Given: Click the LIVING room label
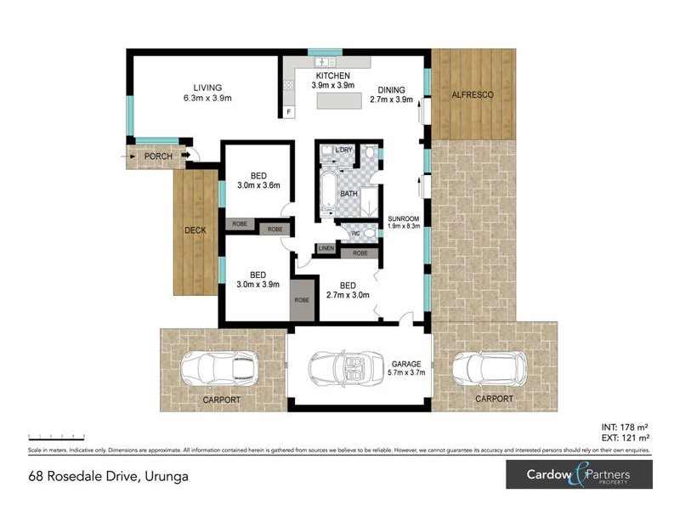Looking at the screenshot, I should tap(207, 88).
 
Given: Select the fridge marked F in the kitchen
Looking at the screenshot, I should tap(289, 112).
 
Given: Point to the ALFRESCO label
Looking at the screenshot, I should tap(473, 94).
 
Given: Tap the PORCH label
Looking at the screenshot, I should tap(157, 156).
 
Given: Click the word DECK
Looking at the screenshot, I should tap(195, 230).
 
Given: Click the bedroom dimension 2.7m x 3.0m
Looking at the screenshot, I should tap(348, 296).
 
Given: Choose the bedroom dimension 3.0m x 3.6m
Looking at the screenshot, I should tap(258, 185).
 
